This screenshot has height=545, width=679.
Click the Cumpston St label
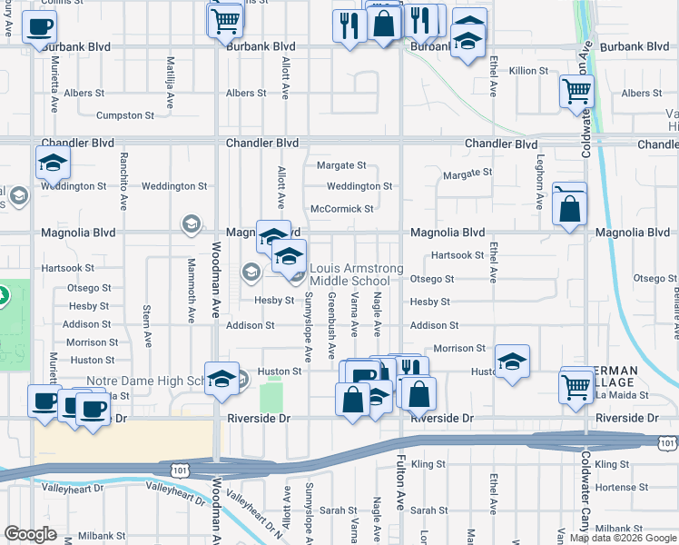pos(125,115)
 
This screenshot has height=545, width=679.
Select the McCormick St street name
pos(342,209)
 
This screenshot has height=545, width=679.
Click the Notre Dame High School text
pos(145,381)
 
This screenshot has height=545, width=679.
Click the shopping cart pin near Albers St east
pos(576,92)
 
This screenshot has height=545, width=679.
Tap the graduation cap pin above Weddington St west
pos(53,163)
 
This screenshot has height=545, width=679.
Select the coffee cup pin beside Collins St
pos(38,27)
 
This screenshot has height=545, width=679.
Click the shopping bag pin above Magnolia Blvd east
pos(569,209)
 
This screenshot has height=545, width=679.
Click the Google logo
pos(30,534)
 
